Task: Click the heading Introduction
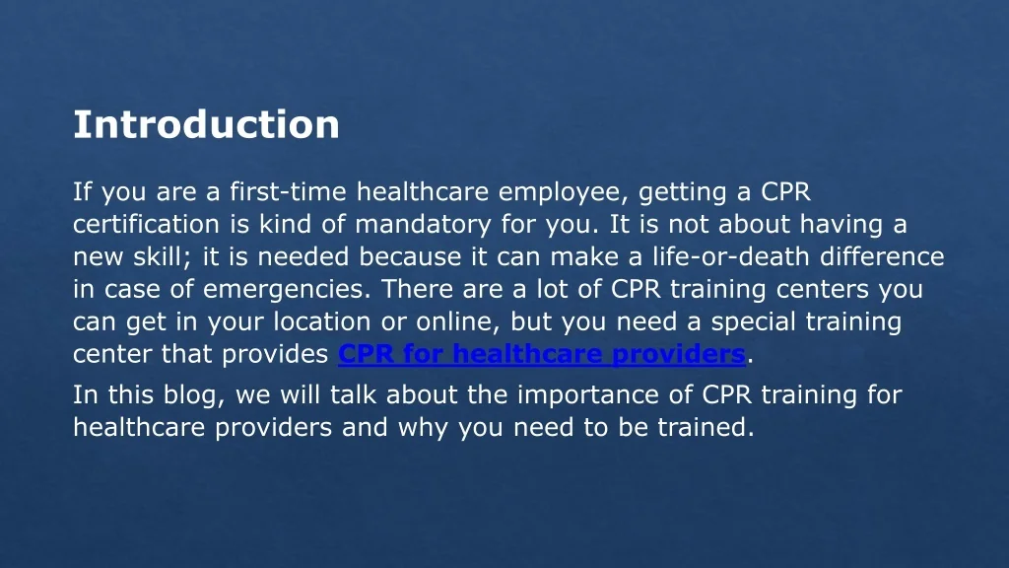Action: (x=206, y=125)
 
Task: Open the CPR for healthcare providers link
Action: (x=541, y=354)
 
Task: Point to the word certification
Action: (x=137, y=224)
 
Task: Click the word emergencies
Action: (x=287, y=290)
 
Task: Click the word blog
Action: (x=198, y=395)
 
